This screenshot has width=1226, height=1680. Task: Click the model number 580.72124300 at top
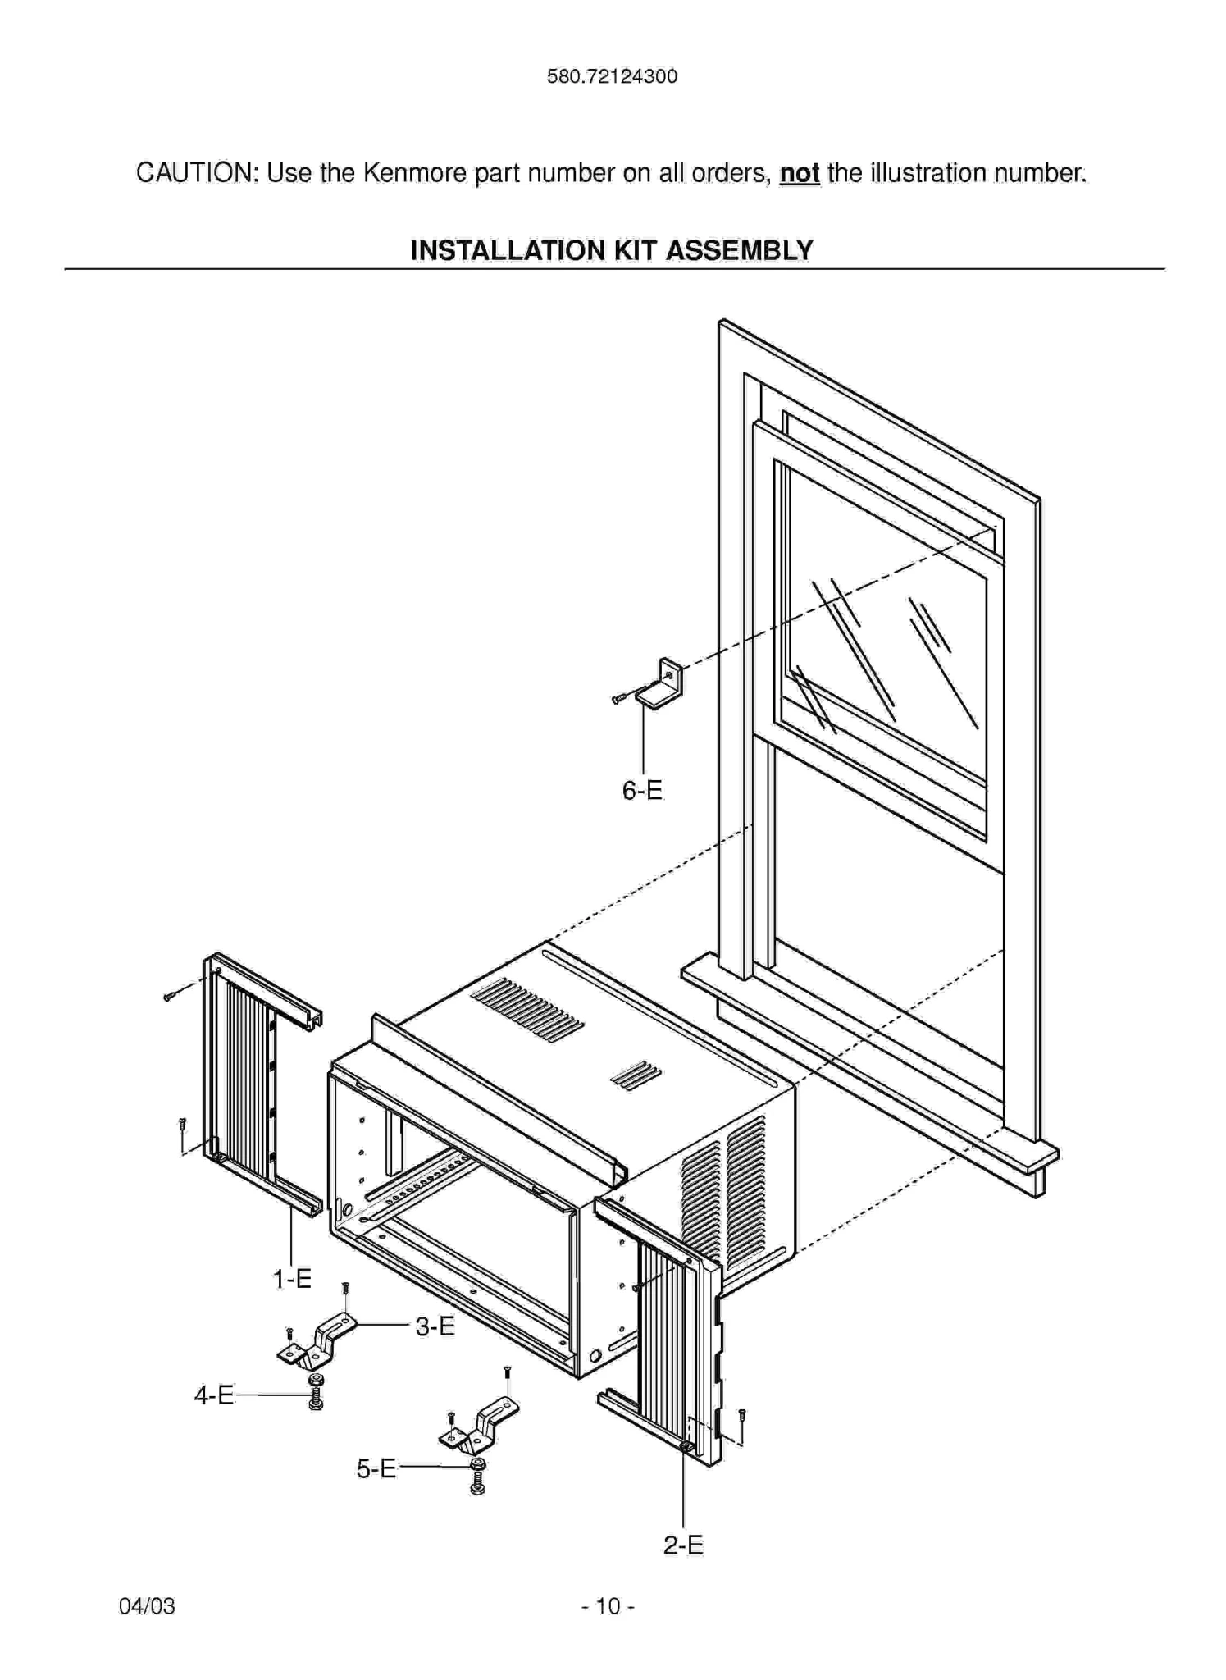coord(612,76)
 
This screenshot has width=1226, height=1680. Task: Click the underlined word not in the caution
coord(799,173)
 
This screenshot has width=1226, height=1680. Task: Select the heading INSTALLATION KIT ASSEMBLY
coord(612,250)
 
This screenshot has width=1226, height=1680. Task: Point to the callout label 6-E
coord(641,791)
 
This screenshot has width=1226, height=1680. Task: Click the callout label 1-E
coord(292,1279)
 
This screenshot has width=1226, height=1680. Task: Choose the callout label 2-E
coord(683,1545)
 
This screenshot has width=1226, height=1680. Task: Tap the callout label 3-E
coord(435,1326)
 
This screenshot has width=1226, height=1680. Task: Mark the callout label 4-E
coord(214,1395)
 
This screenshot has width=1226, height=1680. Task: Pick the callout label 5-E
coord(376,1468)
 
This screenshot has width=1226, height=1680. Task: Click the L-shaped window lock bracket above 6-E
coord(662,684)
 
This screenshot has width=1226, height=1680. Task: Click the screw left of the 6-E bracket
coord(619,698)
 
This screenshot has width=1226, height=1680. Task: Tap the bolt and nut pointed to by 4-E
coord(316,1393)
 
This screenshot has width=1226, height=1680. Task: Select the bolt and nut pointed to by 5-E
coord(477,1475)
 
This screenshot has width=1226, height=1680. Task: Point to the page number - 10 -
coord(608,1605)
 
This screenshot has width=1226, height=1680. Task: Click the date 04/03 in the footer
coord(147,1605)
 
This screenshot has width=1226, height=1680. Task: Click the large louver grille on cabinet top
coord(527,1010)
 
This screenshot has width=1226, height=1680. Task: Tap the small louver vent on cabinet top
coord(636,1075)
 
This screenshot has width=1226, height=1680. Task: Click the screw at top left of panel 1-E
coord(169,997)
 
